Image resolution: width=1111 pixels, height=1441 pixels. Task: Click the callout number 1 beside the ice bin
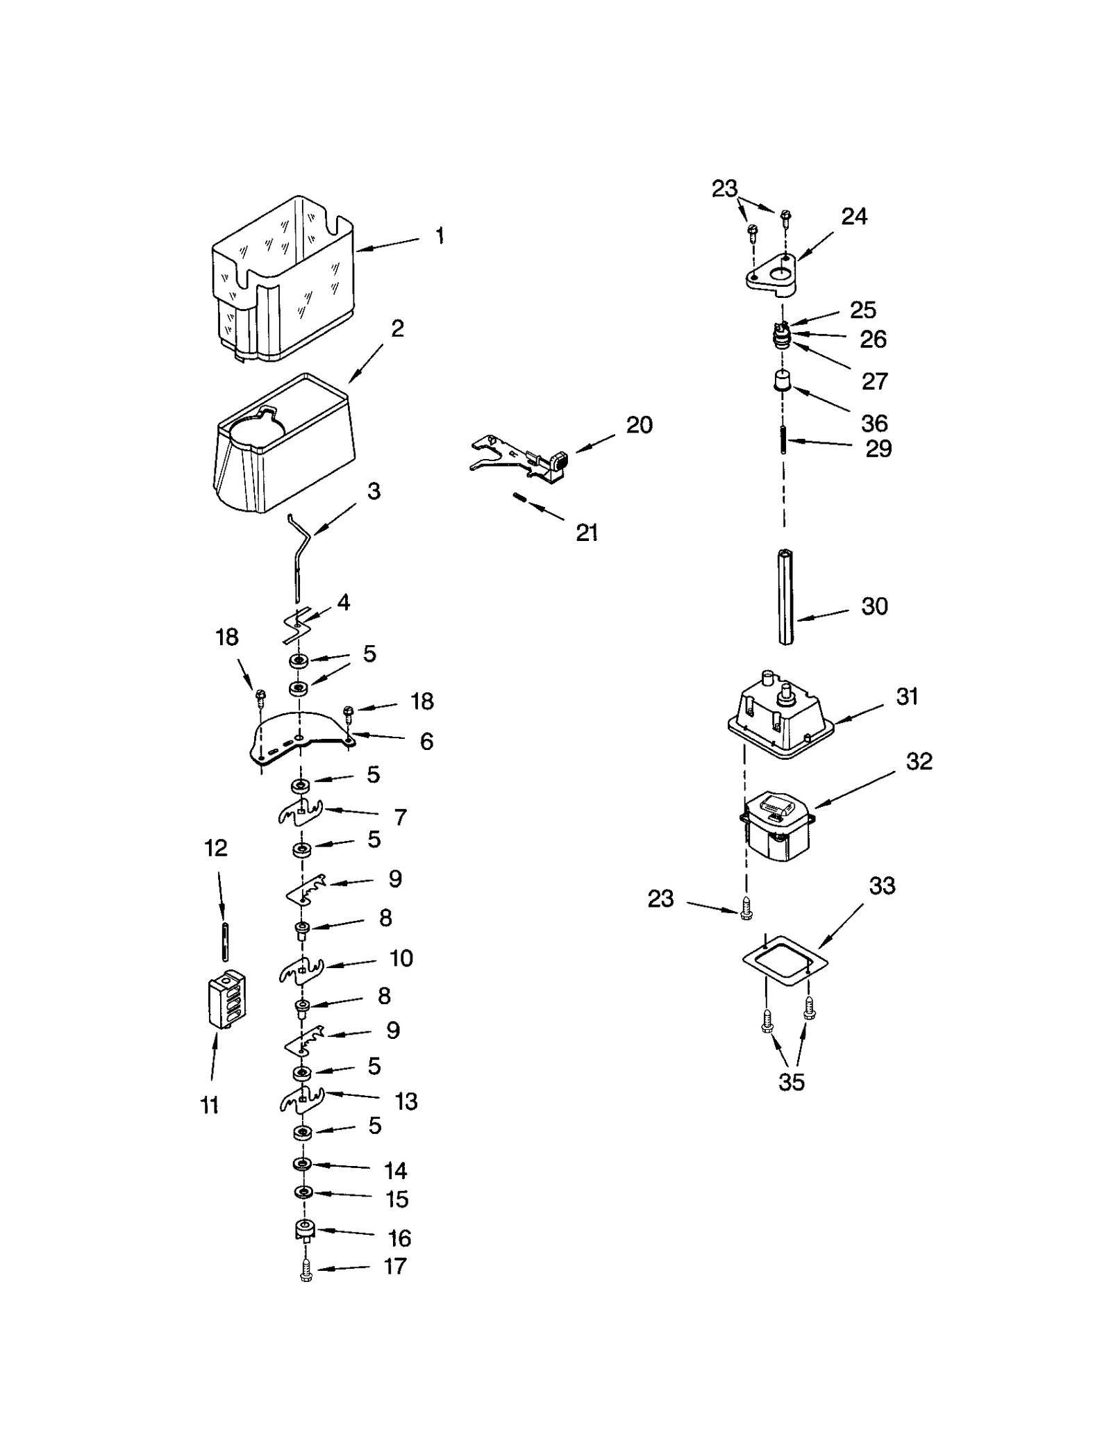[x=440, y=236]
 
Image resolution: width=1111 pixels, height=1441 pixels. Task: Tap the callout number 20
[x=639, y=425]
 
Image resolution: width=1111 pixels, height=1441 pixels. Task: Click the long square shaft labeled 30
[x=785, y=597]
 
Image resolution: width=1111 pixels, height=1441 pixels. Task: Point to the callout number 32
[x=919, y=762]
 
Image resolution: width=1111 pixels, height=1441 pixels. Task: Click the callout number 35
[x=791, y=1082]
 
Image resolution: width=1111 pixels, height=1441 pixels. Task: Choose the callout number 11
[x=210, y=1105]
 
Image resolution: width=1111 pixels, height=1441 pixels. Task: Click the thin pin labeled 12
[x=226, y=932]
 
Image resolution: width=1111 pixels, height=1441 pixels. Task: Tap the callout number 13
[x=406, y=1101]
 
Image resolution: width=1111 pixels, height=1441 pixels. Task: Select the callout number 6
[x=426, y=742]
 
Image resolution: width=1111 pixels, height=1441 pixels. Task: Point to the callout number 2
[x=397, y=328]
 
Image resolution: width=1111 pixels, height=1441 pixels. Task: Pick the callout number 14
[x=396, y=1171]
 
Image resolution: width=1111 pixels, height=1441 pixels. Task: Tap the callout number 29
[x=878, y=449]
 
